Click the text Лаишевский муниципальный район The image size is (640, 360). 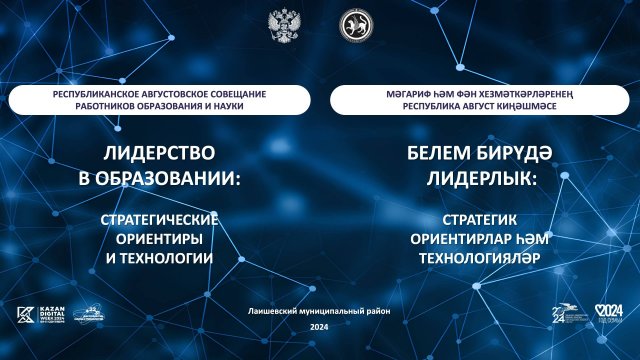tap(318, 312)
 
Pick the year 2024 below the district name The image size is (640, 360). tap(319, 328)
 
